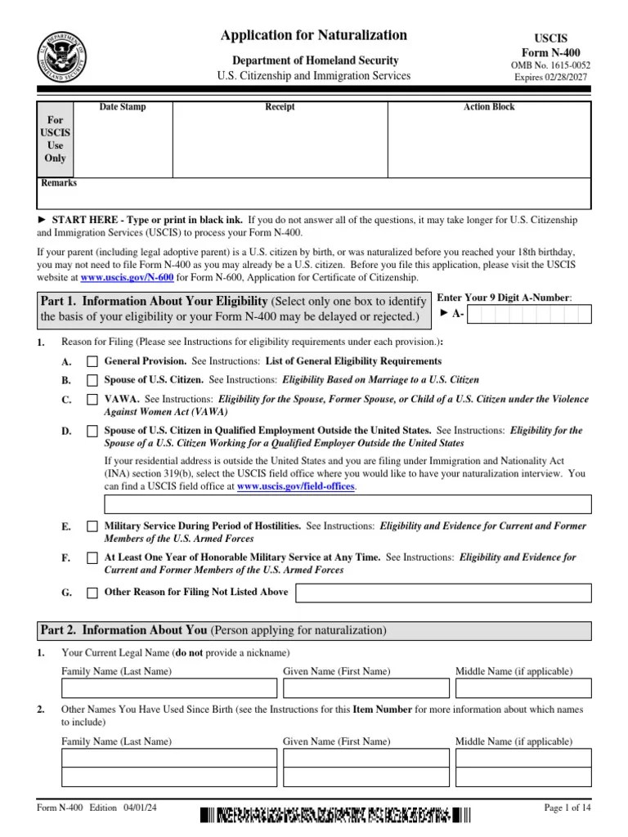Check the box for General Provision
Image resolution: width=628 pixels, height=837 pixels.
(92, 361)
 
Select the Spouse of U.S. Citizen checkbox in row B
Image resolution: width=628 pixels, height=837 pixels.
(92, 380)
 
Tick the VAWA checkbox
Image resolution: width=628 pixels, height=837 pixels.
(92, 400)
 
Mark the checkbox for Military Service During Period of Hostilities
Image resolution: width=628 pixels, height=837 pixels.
(92, 527)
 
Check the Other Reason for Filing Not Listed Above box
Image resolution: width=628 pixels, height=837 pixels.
(92, 593)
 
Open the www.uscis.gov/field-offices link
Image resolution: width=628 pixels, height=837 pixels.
(296, 486)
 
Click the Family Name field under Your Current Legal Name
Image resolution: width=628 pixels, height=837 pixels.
(167, 690)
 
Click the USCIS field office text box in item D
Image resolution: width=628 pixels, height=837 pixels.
(347, 504)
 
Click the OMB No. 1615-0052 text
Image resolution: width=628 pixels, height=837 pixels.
(550, 65)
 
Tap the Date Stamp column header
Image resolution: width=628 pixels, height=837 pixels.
(123, 107)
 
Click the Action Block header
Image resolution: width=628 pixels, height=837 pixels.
(489, 107)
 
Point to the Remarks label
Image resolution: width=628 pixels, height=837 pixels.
(59, 183)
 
